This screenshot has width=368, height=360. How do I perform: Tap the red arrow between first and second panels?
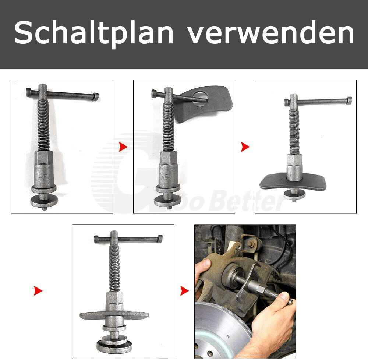(x=123, y=147)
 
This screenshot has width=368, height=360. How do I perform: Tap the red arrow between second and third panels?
(x=245, y=147)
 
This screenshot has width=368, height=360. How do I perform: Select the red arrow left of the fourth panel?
(x=38, y=291)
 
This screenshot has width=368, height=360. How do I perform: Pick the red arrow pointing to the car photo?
(x=184, y=291)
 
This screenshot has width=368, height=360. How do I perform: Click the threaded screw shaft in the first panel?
(x=43, y=124)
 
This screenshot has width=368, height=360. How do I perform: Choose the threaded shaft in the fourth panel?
(x=114, y=268)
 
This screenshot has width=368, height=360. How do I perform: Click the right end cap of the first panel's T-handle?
(x=96, y=96)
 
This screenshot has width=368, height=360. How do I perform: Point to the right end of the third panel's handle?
(x=349, y=100)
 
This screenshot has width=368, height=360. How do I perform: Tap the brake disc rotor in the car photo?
(x=219, y=331)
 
